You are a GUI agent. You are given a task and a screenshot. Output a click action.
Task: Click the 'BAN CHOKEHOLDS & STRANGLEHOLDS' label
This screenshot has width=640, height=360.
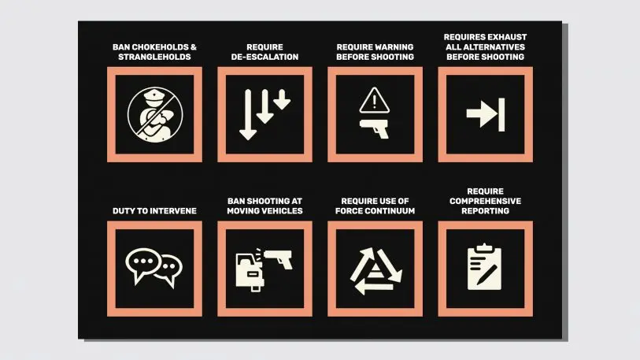(154, 51)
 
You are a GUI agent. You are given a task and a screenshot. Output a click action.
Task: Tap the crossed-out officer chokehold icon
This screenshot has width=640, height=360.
(154, 114)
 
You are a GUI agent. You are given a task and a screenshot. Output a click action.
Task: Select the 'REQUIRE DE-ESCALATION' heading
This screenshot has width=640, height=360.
(265, 51)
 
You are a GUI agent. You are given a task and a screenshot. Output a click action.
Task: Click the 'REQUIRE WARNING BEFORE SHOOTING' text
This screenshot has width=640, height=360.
(375, 51)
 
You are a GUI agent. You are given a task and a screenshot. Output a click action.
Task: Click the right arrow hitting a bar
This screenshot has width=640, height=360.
(485, 114)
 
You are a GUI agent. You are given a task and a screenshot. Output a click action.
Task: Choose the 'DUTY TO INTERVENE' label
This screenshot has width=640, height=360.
(154, 210)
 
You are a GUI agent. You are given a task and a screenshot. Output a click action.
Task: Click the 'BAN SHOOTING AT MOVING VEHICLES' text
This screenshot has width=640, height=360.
(265, 206)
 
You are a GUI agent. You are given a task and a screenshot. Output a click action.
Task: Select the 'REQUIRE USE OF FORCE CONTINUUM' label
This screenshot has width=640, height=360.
(375, 206)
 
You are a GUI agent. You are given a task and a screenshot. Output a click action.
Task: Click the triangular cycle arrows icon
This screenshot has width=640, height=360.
(375, 268)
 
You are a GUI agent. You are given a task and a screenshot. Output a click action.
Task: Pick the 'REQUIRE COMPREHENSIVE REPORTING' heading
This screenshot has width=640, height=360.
(485, 201)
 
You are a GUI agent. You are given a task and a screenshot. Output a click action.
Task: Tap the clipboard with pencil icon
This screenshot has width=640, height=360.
(485, 267)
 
